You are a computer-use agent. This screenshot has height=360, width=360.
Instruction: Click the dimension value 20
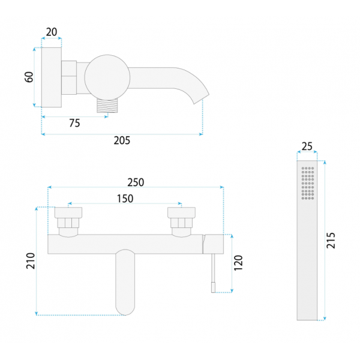[52, 32]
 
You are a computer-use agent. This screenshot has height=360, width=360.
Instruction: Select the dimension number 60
[29, 77]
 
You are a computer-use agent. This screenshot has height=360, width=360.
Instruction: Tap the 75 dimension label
[74, 123]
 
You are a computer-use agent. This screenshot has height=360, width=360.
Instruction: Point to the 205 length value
[122, 140]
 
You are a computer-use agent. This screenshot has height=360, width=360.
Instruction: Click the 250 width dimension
[136, 182]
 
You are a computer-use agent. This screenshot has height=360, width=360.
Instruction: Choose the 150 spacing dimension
[125, 199]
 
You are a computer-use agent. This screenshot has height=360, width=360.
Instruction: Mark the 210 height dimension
[31, 261]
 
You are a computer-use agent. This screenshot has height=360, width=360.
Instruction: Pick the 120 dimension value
[238, 263]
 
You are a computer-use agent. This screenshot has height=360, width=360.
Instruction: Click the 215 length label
[331, 241]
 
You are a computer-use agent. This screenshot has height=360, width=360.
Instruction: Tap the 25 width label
[307, 146]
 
